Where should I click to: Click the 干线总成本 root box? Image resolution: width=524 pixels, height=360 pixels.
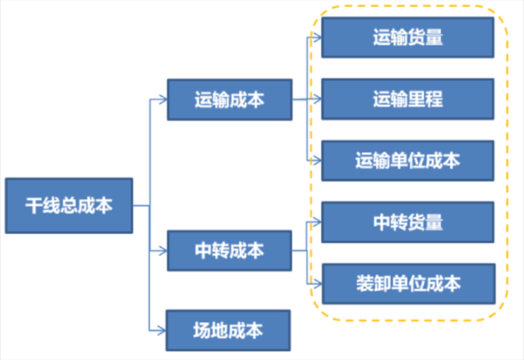(69, 206)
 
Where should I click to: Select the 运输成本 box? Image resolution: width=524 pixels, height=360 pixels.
(230, 100)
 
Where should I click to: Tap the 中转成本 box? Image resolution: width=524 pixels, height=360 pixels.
(230, 251)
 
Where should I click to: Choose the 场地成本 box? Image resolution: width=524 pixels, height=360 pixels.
(228, 330)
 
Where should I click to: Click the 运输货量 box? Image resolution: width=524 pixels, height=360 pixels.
(408, 38)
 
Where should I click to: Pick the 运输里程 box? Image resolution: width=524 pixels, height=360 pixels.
(408, 99)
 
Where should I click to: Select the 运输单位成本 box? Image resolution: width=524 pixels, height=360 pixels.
(408, 161)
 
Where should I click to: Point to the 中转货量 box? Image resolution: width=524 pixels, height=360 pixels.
(408, 222)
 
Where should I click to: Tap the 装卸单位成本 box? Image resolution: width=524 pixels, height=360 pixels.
(408, 284)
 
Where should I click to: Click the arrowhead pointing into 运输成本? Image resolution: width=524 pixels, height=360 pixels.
(163, 100)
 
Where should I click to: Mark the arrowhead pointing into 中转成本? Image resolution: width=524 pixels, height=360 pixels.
(163, 251)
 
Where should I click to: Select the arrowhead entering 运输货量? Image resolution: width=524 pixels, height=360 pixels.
(317, 38)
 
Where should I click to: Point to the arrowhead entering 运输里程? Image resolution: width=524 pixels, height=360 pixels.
(317, 99)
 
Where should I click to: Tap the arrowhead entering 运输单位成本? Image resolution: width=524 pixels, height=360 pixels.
(317, 161)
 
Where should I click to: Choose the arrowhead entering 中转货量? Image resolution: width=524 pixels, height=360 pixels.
(317, 222)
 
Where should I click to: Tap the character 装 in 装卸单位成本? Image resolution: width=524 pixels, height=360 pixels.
(365, 284)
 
